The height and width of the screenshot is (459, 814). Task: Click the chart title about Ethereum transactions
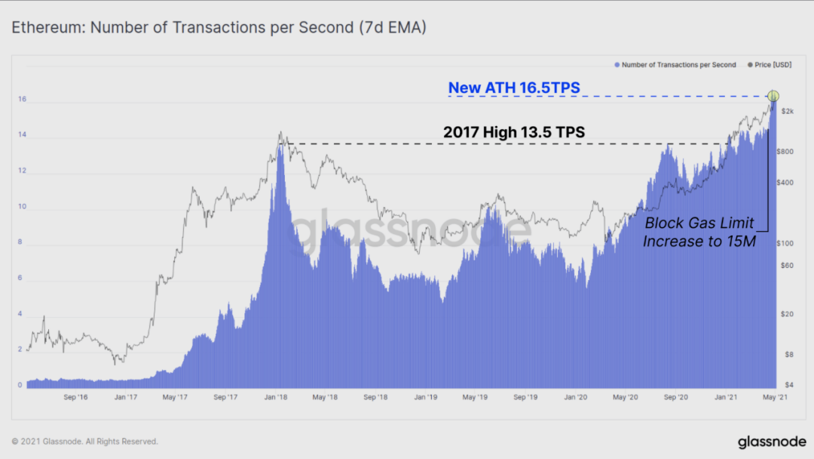pos(219,28)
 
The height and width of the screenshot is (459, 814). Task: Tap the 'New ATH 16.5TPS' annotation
pos(514,88)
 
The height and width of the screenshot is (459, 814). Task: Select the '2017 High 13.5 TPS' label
pos(514,132)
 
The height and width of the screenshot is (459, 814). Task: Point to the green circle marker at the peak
pos(773,96)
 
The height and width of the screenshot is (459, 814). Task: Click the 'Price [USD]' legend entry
pos(773,65)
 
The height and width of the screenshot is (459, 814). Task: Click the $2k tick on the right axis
pos(787,112)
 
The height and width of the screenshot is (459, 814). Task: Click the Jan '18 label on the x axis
pos(276,396)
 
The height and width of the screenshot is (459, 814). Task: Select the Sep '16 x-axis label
pos(76,396)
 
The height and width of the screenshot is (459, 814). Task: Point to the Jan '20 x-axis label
pos(576,396)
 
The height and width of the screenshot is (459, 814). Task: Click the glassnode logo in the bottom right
pos(771,441)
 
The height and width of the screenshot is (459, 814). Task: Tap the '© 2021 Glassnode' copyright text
pos(85,442)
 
